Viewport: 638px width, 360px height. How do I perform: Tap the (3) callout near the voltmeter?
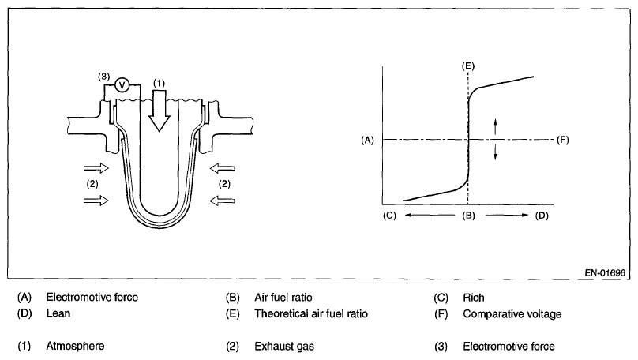pyautogui.click(x=103, y=76)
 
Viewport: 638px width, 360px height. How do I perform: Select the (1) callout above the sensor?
pyautogui.click(x=158, y=82)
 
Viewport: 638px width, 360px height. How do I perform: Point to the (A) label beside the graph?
pyautogui.click(x=366, y=140)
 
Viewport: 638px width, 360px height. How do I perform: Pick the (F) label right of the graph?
pyautogui.click(x=562, y=140)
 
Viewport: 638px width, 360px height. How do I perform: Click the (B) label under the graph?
pyautogui.click(x=468, y=215)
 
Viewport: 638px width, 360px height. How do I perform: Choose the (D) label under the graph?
pyautogui.click(x=542, y=215)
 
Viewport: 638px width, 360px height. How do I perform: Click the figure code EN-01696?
pyautogui.click(x=604, y=272)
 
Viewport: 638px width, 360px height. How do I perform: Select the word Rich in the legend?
pyautogui.click(x=474, y=298)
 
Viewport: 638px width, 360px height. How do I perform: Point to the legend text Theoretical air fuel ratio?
pyautogui.click(x=311, y=313)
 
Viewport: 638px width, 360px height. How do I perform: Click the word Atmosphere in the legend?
pyautogui.click(x=75, y=346)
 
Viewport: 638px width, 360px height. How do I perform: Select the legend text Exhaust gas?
pyautogui.click(x=282, y=346)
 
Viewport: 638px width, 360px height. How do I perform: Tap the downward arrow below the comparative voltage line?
pyautogui.click(x=495, y=153)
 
